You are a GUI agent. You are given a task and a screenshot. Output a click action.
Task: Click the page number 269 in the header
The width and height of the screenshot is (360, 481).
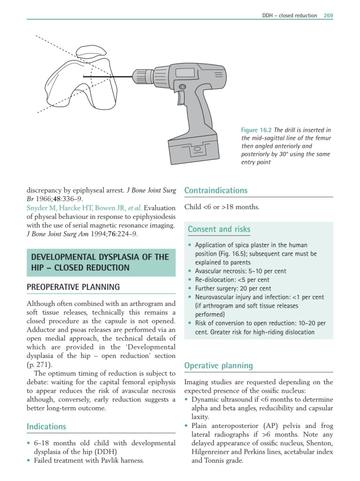pyautogui.click(x=328, y=16)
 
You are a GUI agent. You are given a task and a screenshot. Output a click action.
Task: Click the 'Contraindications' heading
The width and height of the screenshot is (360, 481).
pyautogui.click(x=216, y=191)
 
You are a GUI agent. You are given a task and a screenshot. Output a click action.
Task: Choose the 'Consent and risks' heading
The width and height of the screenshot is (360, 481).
pyautogui.click(x=219, y=229)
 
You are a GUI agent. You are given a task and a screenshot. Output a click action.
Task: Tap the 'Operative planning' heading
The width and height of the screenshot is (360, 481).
pyautogui.click(x=219, y=365)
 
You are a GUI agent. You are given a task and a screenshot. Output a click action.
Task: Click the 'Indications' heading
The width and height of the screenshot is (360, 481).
pyautogui.click(x=47, y=427)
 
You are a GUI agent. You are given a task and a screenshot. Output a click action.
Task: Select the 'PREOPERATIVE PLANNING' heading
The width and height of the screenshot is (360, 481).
pyautogui.click(x=73, y=287)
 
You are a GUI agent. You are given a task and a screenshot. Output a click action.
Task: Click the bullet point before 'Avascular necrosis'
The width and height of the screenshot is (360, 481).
pyautogui.click(x=189, y=271)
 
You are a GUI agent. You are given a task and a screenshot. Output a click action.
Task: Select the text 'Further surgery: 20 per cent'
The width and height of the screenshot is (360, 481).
pyautogui.click(x=233, y=288)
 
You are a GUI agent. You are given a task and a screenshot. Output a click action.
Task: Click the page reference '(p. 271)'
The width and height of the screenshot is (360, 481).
pyautogui.click(x=40, y=364)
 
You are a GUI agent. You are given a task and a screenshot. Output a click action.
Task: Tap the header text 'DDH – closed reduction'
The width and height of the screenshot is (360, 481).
pyautogui.click(x=289, y=16)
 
